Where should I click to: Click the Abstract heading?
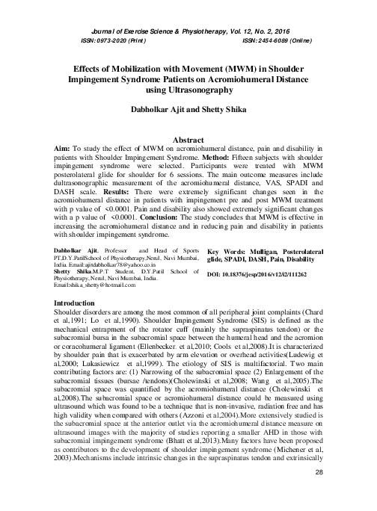tap(188, 140)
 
